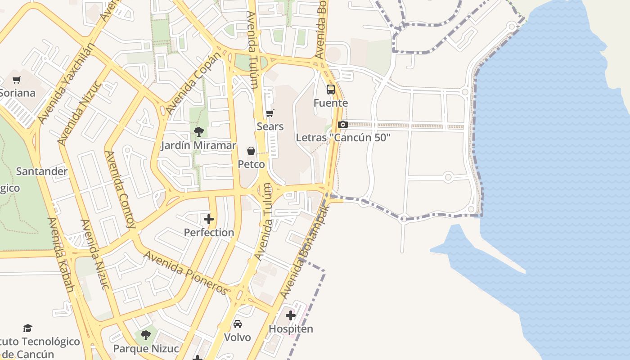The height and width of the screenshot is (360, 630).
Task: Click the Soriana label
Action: pos(18,93)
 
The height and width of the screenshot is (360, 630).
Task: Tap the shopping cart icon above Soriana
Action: pos(17,80)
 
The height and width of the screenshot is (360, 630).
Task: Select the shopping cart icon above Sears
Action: pos(270,113)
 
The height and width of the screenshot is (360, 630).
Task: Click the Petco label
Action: pos(251,164)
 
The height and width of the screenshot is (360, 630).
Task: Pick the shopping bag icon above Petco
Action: pos(251,151)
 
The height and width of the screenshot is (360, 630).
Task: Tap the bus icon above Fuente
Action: pos(331,90)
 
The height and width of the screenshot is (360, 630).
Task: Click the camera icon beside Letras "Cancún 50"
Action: pos(343,125)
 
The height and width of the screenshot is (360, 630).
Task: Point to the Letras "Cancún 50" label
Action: pos(343,138)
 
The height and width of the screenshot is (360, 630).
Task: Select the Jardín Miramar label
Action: pos(198,145)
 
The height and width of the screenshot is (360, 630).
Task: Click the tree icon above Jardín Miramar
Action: pos(198,132)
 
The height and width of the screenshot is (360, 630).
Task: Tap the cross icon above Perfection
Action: pos(209,219)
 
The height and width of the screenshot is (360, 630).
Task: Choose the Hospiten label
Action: pos(291,329)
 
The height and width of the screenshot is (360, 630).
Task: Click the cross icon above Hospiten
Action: pos(291,315)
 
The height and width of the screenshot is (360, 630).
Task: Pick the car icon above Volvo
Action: pos(237,324)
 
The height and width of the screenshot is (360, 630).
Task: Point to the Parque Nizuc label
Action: pos(146,349)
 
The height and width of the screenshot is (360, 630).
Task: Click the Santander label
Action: pos(42,171)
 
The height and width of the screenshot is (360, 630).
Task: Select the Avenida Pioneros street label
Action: pos(185,273)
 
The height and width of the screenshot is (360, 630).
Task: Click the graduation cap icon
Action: pos(28,328)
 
